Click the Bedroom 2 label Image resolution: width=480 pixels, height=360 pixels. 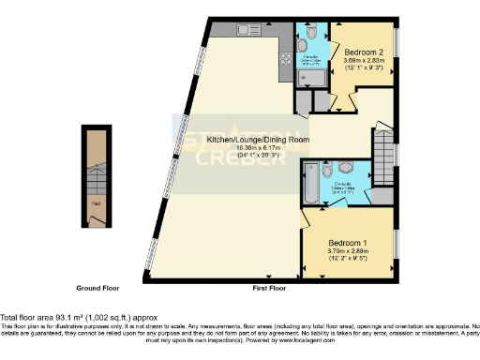coord(361,52)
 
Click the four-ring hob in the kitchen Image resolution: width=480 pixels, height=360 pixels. coord(284,62)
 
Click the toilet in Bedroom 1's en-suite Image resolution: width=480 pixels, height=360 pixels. coord(346,169)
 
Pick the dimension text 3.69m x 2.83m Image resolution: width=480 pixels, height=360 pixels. coord(360,61)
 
